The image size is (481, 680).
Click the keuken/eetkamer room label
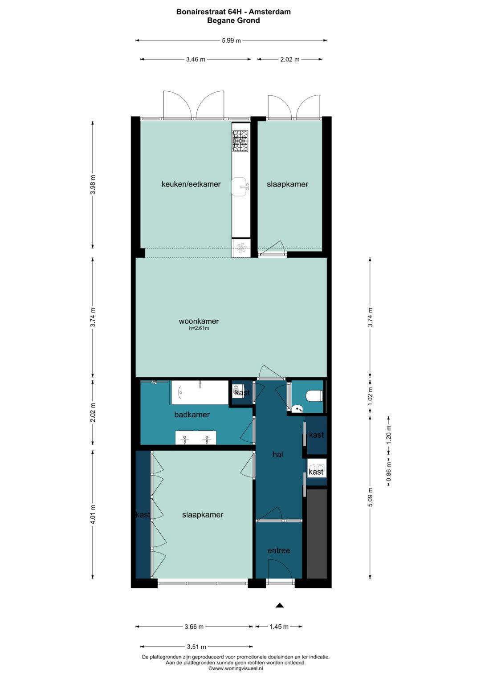191,184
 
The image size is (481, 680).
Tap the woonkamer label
199,321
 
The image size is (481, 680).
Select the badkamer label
192,415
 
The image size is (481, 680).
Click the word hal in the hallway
277,454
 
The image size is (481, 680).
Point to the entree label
279,550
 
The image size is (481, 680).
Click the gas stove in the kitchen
240,141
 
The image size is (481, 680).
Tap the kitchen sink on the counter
240,187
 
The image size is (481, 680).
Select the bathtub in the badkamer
200,392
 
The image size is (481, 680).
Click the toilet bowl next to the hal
314,396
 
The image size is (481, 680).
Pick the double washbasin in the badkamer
196,438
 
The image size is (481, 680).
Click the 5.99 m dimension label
232,41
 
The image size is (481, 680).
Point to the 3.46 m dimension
196,60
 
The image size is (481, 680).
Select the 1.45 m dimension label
279,626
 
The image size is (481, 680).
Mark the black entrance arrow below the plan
280,605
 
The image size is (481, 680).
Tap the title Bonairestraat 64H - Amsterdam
233,12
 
